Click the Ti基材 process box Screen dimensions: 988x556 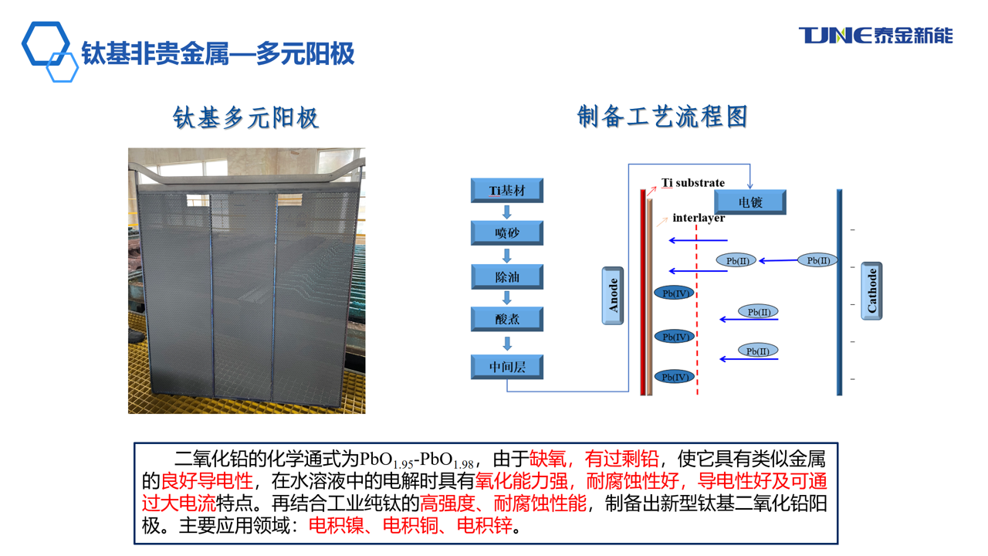click(507, 191)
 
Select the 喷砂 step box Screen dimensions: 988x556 click(507, 233)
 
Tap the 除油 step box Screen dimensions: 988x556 click(507, 276)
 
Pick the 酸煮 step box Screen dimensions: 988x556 click(507, 319)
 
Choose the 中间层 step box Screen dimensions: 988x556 click(507, 367)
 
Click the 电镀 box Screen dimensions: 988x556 click(750, 202)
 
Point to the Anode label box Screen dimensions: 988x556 click(613, 296)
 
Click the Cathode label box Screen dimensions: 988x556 click(871, 291)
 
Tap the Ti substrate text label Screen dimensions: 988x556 click(693, 183)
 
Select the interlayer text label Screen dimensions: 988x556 click(699, 218)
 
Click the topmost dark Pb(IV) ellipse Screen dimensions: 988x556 click(675, 293)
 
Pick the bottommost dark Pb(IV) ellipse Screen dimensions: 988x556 click(675, 377)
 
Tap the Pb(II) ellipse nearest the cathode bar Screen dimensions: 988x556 click(818, 260)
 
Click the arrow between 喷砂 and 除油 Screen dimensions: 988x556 click(507, 256)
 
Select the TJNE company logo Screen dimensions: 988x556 click(876, 36)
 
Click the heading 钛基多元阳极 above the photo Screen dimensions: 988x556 click(245, 118)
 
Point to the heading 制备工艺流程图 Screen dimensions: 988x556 click(662, 117)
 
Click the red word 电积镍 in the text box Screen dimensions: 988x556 click(336, 525)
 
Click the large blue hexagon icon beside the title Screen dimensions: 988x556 click(46, 43)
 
